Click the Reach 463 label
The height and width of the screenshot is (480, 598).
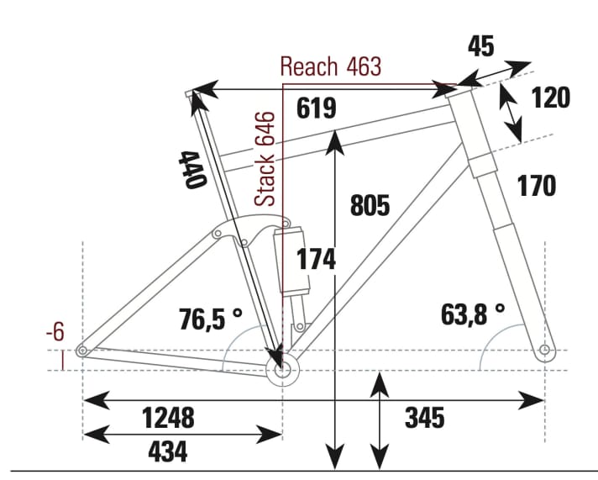[330, 66]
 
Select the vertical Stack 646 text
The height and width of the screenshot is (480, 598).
[265, 159]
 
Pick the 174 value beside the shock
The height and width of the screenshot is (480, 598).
[315, 260]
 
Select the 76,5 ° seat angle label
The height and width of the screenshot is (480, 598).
[211, 319]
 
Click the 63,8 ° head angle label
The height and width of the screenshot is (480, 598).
[472, 314]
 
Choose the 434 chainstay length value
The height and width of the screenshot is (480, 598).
[167, 451]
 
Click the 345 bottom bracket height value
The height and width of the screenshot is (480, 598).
[424, 417]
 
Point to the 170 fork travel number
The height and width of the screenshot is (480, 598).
[536, 186]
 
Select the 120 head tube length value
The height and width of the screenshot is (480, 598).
[550, 98]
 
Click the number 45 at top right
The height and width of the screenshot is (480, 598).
[480, 46]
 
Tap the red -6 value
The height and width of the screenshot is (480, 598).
[55, 332]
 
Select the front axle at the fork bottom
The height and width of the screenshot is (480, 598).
[545, 349]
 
